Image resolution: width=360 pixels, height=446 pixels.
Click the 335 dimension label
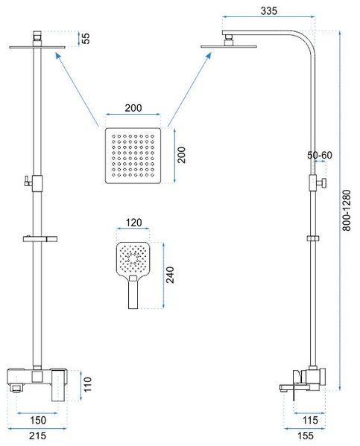point(268,11)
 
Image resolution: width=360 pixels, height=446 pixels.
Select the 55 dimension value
point(86,39)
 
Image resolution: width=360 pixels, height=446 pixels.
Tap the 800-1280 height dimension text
point(347,210)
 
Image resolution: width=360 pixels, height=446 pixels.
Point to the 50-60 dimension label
point(320,155)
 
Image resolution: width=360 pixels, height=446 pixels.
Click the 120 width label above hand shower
point(133,223)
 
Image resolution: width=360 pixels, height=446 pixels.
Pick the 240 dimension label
point(170,275)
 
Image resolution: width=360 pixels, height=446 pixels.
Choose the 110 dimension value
point(87,384)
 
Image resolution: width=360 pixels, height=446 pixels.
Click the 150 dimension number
point(38,420)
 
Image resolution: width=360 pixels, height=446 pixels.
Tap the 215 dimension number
point(37,436)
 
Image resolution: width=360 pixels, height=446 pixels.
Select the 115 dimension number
point(310,420)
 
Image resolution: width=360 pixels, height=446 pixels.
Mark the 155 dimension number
point(306,436)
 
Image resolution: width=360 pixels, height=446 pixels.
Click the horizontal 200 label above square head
point(133,108)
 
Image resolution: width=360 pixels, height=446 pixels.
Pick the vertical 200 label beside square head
point(181,155)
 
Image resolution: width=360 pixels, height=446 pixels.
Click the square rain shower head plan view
point(133,156)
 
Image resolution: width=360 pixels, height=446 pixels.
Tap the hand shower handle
point(133,293)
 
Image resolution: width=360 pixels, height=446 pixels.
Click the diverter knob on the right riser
point(323,183)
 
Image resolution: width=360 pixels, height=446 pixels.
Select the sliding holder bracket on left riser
point(40,239)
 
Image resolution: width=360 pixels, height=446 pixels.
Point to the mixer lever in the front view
point(59,386)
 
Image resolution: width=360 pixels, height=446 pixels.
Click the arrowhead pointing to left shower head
point(58,56)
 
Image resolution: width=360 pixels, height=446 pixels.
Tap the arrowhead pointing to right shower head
point(209,55)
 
